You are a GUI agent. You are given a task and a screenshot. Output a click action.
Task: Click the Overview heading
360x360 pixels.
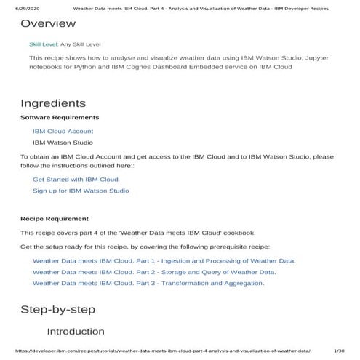pos(48,24)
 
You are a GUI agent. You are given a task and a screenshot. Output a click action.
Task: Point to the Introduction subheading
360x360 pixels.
pos(76,332)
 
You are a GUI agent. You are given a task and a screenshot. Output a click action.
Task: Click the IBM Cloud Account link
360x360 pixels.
pos(63,131)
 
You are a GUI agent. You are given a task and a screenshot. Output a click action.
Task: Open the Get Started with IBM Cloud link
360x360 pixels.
pos(75,179)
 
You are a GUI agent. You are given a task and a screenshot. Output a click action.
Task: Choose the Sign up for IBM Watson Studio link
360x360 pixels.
pos(81,191)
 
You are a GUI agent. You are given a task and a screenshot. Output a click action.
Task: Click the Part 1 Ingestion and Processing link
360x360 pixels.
pos(164,260)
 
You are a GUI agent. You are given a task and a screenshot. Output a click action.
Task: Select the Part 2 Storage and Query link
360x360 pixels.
pos(153,271)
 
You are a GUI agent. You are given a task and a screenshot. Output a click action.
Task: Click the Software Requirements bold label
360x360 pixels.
pos(60,117)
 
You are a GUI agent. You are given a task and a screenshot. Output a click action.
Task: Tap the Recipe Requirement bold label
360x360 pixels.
pos(55,218)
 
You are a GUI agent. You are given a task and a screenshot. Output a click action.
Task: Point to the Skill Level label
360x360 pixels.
pos(44,44)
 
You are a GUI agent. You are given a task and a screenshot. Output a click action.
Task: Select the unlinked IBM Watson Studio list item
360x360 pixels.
pos(63,143)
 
